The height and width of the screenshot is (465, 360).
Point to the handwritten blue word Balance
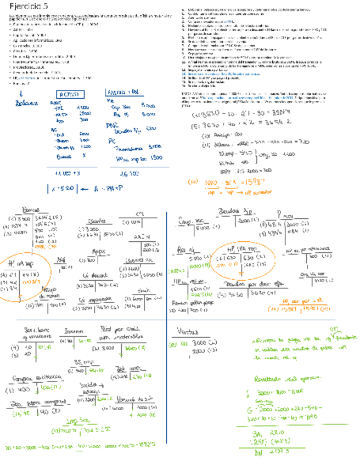click(27, 104)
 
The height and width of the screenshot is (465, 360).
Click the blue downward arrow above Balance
click(20, 94)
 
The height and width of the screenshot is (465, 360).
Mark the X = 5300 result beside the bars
click(63, 189)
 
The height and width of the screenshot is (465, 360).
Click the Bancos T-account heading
click(31, 211)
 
